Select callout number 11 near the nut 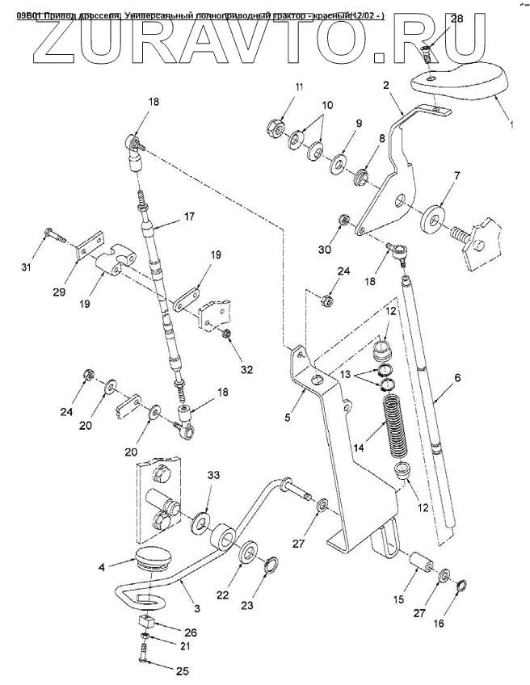pos(276,86)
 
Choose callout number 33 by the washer pos(213,475)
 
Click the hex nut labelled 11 pos(275,126)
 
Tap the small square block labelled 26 pos(147,622)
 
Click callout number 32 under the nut pos(246,370)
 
